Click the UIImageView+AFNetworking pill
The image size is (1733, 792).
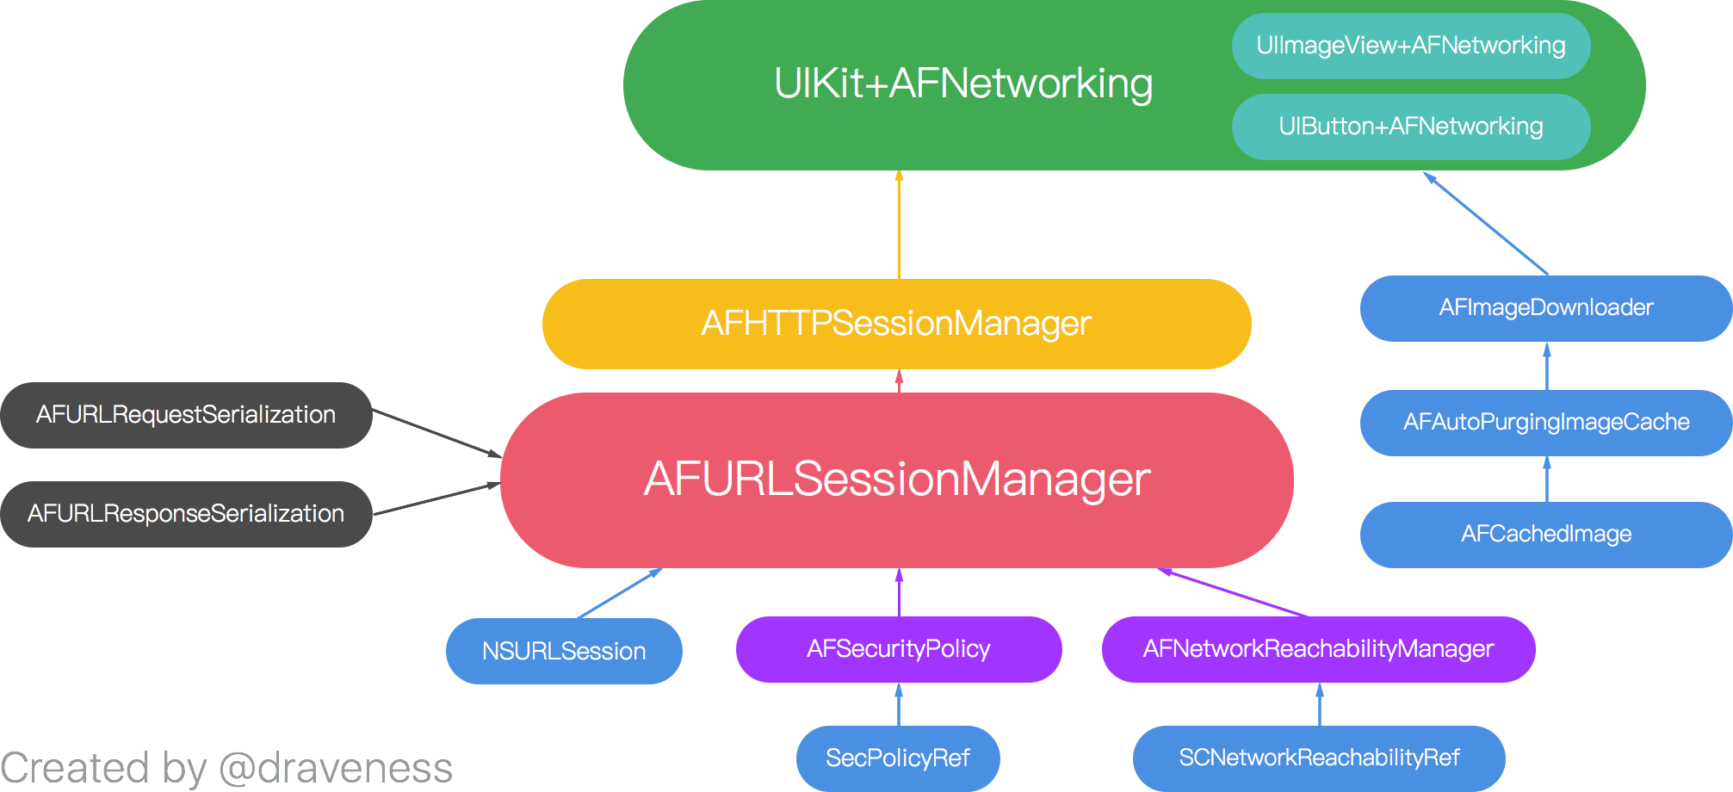pyautogui.click(x=1410, y=46)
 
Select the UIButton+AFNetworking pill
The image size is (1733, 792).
pyautogui.click(x=1410, y=127)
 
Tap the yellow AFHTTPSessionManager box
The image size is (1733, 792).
pyautogui.click(x=896, y=324)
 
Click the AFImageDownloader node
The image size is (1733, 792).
pyautogui.click(x=1545, y=308)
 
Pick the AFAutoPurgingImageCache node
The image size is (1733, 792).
pyautogui.click(x=1545, y=422)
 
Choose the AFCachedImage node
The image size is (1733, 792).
pyautogui.click(x=1545, y=534)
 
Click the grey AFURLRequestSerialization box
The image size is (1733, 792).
pyautogui.click(x=186, y=415)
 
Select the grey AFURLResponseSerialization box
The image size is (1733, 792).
pyautogui.click(x=186, y=514)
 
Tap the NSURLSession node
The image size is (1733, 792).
pyautogui.click(x=564, y=651)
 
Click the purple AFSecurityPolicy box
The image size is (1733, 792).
pyautogui.click(x=898, y=649)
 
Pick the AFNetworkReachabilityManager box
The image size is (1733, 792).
pyautogui.click(x=1318, y=649)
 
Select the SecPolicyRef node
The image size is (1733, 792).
pyautogui.click(x=898, y=758)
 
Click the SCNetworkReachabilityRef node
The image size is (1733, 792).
pyautogui.click(x=1318, y=758)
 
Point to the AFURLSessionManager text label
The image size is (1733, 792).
pyautogui.click(x=896, y=480)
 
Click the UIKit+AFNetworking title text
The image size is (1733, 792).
pyautogui.click(x=962, y=84)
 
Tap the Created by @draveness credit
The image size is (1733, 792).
pyautogui.click(x=226, y=768)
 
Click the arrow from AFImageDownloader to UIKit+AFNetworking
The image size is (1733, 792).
pyautogui.click(x=1486, y=224)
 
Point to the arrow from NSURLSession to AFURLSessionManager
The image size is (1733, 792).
pyautogui.click(x=618, y=593)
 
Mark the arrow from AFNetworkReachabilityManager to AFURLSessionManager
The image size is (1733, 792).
pyautogui.click(x=1234, y=592)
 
